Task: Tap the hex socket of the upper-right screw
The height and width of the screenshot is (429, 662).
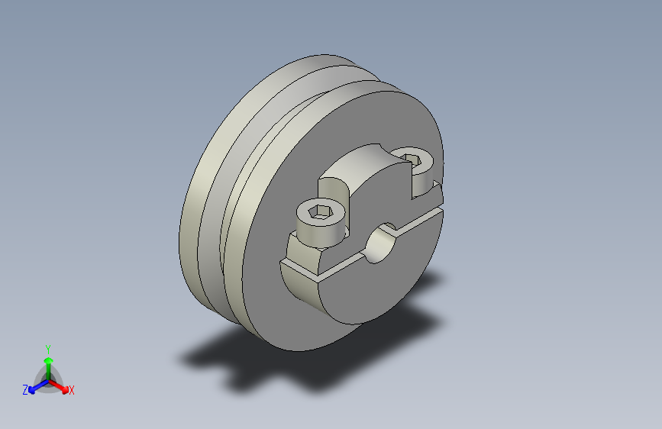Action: point(412,160)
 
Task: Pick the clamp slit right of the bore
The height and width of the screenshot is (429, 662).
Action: point(418,221)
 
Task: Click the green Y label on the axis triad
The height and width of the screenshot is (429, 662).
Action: point(47,350)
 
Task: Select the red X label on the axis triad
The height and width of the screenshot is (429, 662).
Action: point(71,391)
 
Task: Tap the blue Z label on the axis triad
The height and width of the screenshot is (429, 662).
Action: point(25,390)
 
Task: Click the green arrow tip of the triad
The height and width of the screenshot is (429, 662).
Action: point(49,360)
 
